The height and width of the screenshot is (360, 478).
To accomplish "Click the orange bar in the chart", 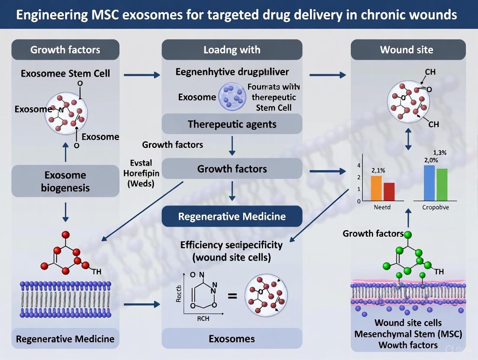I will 376,188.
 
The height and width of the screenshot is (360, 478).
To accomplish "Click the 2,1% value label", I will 378,170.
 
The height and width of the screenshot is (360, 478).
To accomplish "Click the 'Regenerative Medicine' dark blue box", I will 232,216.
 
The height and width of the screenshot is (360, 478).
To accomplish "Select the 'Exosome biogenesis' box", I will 65,181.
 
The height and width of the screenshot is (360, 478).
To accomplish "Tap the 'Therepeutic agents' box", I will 232,125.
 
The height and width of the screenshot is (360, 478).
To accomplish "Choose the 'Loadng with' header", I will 232,50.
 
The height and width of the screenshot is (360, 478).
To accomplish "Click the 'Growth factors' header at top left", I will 65,50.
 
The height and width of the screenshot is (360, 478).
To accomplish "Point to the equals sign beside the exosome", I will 232,296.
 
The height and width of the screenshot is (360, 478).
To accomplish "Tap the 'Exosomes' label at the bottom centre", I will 232,338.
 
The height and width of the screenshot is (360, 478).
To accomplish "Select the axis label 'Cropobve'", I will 435,207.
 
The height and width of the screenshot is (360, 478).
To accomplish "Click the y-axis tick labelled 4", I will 358,166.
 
